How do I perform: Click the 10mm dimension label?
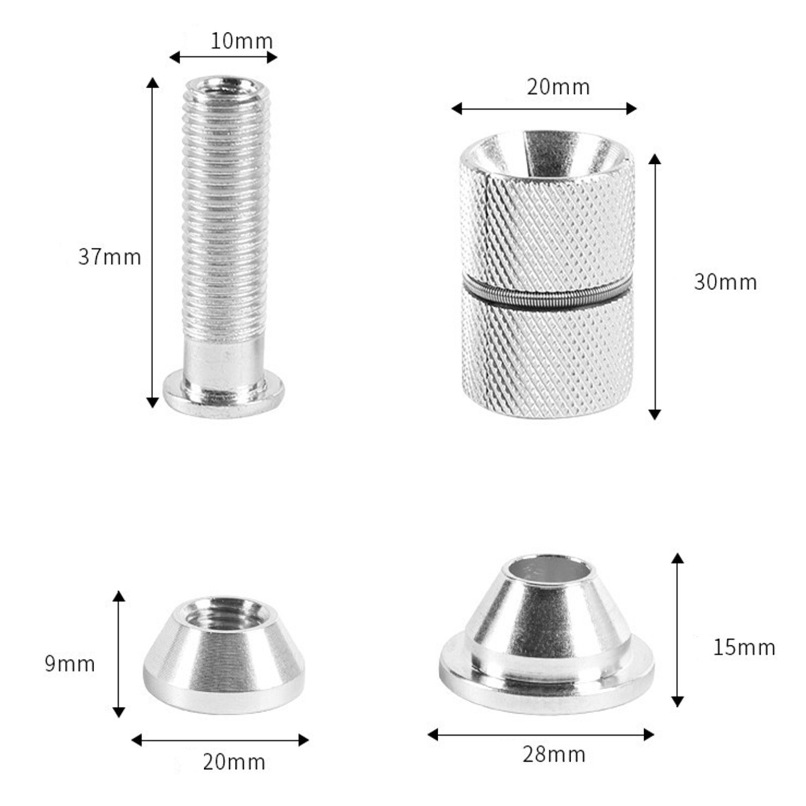241,41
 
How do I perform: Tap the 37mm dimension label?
109,257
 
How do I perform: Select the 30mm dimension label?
725,282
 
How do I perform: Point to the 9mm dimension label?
70,664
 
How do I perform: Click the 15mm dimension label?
744,647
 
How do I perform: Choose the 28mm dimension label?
554,754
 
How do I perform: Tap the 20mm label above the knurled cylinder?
558,87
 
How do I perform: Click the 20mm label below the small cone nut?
234,762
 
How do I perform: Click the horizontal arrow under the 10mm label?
223,57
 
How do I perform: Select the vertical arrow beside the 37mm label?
152,242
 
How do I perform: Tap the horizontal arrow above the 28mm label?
541,734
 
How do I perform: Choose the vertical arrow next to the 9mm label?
118,654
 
